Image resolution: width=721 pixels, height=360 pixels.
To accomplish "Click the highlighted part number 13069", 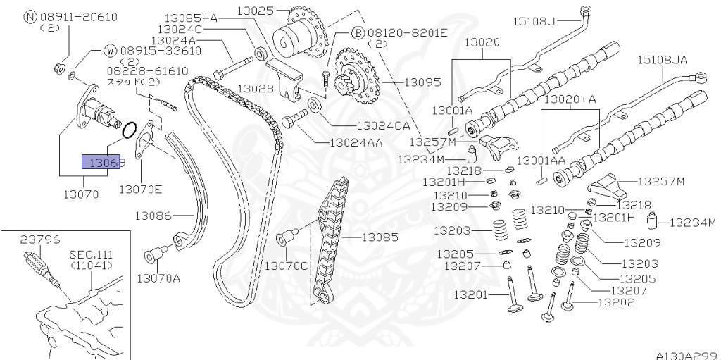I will click(104, 163).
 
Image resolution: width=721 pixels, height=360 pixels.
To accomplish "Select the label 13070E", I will click(140, 189).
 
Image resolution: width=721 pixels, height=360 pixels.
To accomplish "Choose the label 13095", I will click(423, 82).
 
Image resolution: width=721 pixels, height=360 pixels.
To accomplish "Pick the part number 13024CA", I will click(383, 126).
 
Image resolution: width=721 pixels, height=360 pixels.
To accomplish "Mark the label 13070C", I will click(287, 266).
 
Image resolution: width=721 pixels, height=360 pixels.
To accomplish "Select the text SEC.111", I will click(91, 254).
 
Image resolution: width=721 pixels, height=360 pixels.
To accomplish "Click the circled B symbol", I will click(357, 32).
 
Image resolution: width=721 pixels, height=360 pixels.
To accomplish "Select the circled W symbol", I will click(111, 51).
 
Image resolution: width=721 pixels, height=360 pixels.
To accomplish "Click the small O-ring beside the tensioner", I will click(129, 130).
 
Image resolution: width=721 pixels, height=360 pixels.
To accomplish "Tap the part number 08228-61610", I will click(147, 70).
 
